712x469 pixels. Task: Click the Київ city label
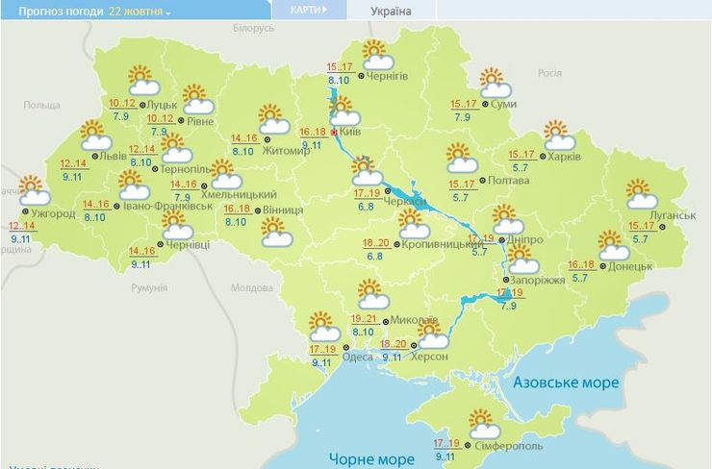351,134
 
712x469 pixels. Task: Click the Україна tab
391,11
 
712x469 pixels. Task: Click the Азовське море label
567,383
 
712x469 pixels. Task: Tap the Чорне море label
370,458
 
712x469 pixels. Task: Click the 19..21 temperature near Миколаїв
363,319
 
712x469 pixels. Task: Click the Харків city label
564,157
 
